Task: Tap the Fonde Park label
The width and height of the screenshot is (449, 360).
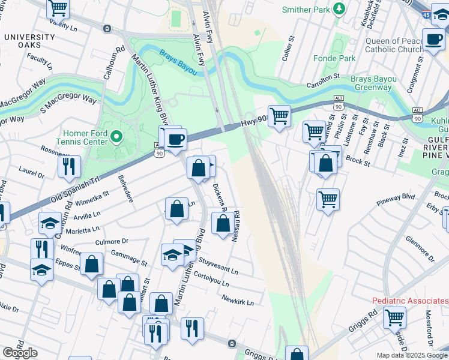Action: point(334,58)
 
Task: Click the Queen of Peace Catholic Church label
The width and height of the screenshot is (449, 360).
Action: point(394,45)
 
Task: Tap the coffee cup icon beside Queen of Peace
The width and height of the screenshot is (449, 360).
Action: point(433,40)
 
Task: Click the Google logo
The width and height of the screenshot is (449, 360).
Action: point(20,353)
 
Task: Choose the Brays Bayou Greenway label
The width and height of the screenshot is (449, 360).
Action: point(373,83)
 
